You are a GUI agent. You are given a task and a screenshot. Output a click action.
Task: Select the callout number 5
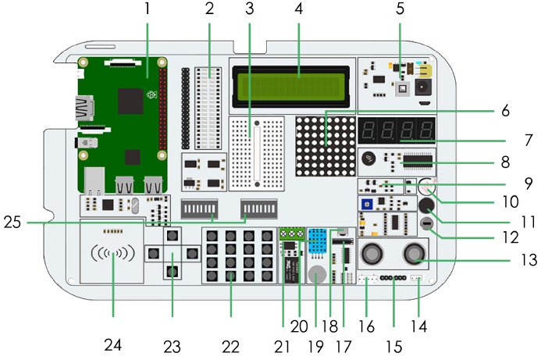400,10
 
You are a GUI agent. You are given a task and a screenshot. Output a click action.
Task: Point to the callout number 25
11,223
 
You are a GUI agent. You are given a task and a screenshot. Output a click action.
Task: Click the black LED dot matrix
323,144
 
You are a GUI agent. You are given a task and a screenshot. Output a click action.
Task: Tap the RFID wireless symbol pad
112,254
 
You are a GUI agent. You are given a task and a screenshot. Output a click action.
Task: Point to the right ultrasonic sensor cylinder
413,252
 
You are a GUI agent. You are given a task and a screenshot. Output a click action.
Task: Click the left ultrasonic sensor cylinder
372,252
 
